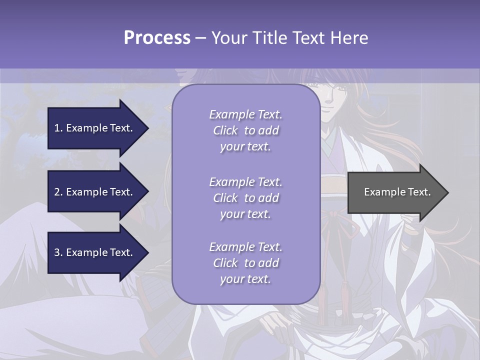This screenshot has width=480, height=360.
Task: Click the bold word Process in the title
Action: point(157,38)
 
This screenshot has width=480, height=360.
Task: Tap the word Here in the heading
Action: point(348,38)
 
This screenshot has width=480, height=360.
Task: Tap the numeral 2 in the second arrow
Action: point(57,192)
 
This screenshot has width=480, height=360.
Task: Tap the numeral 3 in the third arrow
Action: point(57,252)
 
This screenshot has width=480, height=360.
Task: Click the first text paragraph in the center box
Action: point(245,130)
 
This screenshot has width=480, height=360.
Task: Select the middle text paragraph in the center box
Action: point(245,198)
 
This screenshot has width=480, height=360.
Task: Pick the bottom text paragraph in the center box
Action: point(245,263)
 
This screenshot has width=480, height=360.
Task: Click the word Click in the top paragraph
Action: point(225,130)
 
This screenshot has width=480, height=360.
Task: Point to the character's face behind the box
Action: point(334,95)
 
